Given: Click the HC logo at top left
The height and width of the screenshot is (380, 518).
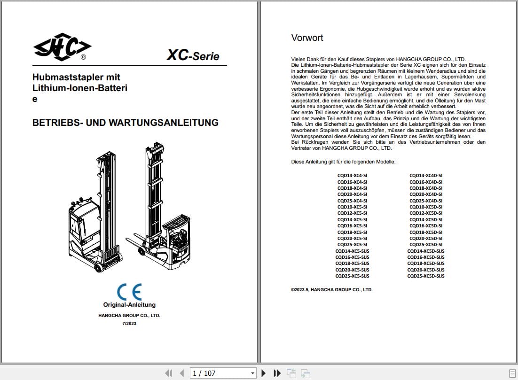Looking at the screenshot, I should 62,47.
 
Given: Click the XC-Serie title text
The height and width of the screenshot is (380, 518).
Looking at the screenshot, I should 193,56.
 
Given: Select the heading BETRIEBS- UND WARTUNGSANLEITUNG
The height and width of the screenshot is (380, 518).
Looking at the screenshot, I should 125,123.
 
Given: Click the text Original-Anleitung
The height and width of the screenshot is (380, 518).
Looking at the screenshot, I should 129,305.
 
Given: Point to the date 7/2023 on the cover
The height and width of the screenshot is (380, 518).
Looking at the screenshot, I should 129,323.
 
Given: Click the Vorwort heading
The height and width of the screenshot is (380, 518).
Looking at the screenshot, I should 307,38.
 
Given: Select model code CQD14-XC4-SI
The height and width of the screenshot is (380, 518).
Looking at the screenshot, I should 352,175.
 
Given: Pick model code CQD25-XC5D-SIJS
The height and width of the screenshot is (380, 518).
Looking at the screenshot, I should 425,276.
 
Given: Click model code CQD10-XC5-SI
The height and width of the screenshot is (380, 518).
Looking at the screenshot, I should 352,207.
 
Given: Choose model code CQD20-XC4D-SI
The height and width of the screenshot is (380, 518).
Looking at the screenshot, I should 425,194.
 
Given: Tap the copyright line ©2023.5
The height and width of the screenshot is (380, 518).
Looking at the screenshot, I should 331,290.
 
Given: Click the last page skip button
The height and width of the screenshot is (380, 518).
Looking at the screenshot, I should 277,373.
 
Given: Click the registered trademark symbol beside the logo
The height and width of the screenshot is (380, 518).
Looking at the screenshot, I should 83,57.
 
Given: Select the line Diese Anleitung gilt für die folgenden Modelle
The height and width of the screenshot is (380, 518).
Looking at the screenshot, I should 343,162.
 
